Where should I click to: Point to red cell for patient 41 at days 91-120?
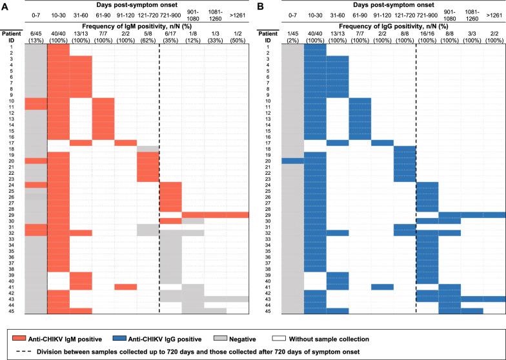pos(125,286)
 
